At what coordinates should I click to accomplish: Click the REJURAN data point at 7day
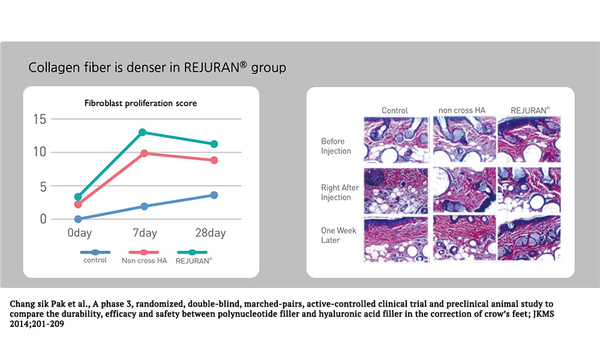pyautogui.click(x=142, y=133)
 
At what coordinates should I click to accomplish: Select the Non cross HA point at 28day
pyautogui.click(x=214, y=160)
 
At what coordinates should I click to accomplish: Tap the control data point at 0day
pyautogui.click(x=78, y=219)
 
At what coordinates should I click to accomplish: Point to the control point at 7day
pyautogui.click(x=144, y=206)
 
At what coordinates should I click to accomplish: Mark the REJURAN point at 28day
pyautogui.click(x=214, y=144)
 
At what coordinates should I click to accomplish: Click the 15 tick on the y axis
pyautogui.click(x=40, y=119)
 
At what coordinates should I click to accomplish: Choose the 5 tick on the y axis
pyautogui.click(x=43, y=187)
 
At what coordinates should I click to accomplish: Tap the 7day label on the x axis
pyautogui.click(x=145, y=233)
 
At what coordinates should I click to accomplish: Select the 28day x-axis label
pyautogui.click(x=211, y=233)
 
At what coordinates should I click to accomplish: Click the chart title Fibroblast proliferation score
pyautogui.click(x=140, y=103)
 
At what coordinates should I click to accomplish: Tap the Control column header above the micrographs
pyautogui.click(x=395, y=110)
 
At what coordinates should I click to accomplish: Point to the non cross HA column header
pyautogui.click(x=462, y=110)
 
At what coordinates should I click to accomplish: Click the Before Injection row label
pyautogui.click(x=336, y=146)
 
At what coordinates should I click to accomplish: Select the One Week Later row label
pyautogui.click(x=338, y=235)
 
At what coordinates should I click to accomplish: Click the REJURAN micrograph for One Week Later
pyautogui.click(x=529, y=238)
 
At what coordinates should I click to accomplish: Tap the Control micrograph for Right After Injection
pyautogui.click(x=396, y=191)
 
